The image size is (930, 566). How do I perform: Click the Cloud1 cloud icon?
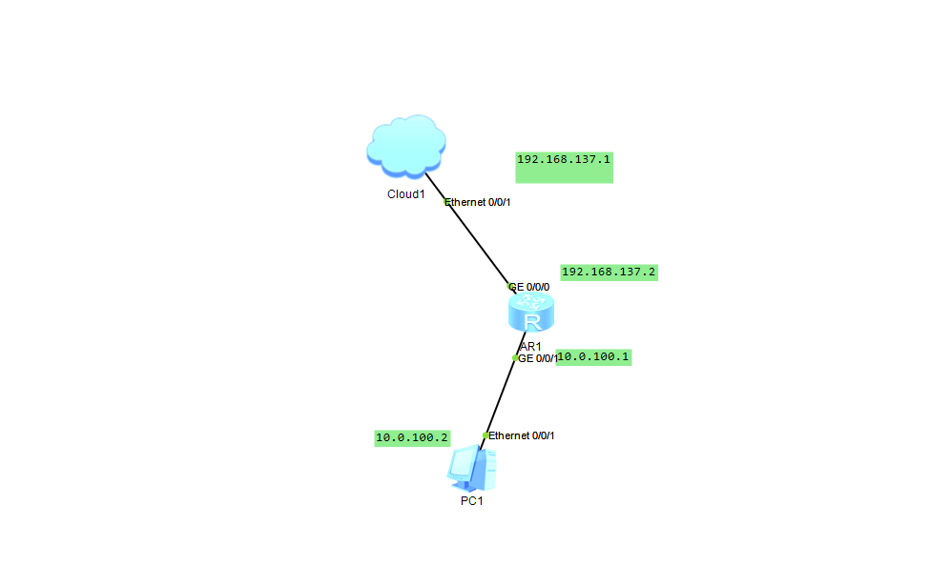[406, 146]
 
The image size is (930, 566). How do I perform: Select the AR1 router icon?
[531, 313]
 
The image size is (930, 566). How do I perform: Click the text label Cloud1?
[405, 194]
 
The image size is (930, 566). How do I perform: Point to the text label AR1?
[530, 346]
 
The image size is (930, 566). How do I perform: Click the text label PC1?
[472, 501]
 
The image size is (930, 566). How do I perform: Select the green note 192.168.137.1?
[564, 160]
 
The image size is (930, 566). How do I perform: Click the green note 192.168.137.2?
[609, 273]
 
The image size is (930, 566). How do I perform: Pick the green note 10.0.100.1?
[594, 357]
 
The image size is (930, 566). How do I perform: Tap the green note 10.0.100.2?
[412, 438]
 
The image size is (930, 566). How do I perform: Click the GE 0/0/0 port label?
[530, 286]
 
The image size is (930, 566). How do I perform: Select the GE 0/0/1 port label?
[538, 358]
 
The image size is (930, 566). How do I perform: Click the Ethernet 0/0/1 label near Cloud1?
[481, 202]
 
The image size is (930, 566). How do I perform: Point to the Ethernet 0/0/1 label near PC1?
[523, 435]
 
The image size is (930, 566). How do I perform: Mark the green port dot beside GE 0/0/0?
[510, 286]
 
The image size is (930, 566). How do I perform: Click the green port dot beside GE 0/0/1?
[515, 358]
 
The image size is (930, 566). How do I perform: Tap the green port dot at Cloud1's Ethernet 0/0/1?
[446, 202]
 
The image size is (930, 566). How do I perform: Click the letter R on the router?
[532, 320]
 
